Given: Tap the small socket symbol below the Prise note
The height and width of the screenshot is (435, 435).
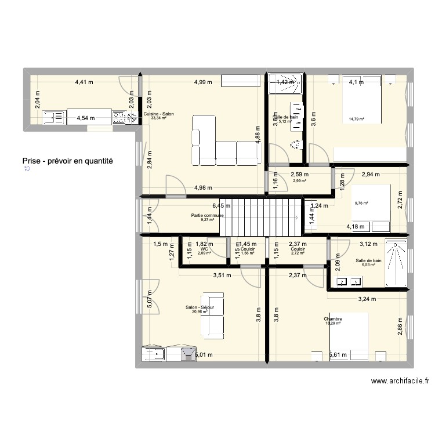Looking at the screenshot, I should click(x=26, y=170).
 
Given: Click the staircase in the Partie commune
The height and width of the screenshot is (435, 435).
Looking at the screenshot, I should click(x=261, y=216).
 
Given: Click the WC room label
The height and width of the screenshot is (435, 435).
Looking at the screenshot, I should click(x=204, y=249).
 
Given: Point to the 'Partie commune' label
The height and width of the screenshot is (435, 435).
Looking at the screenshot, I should click(x=207, y=215).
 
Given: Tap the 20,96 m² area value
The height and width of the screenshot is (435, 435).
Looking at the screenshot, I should click(x=200, y=311).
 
